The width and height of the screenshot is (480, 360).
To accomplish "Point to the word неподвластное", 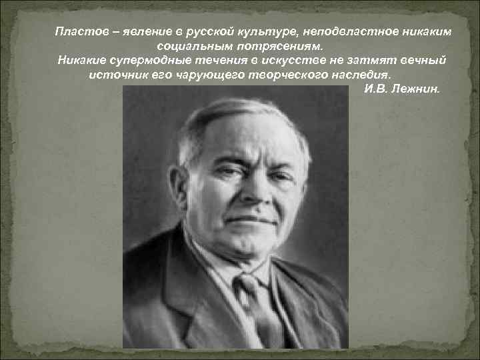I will click(349, 31).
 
